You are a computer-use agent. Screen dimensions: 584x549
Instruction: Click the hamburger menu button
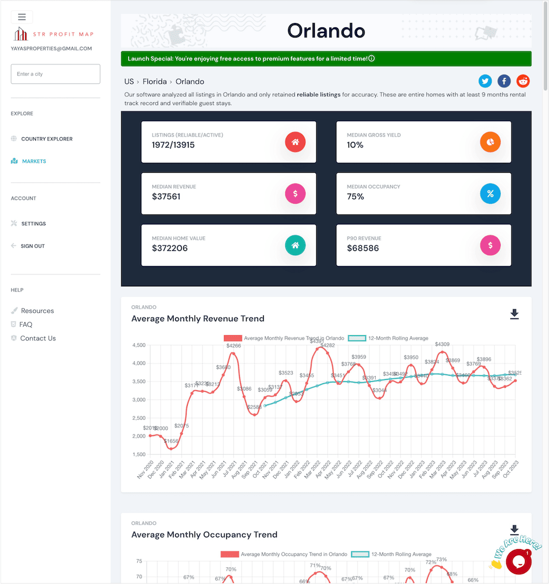(x=22, y=17)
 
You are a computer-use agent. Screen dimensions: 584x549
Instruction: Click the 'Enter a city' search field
(x=55, y=74)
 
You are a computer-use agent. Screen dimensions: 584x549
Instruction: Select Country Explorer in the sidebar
(x=47, y=139)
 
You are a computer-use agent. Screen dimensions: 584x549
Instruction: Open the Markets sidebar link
(x=34, y=161)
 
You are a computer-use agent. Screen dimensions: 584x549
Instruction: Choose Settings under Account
(x=33, y=224)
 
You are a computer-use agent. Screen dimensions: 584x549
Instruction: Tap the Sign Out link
(x=32, y=246)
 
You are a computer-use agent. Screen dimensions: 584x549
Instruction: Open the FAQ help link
(x=26, y=324)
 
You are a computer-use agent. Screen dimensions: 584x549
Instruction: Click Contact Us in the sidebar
(x=38, y=338)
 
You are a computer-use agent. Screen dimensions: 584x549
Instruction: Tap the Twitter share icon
(x=485, y=81)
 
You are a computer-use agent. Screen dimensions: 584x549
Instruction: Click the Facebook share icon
(x=504, y=81)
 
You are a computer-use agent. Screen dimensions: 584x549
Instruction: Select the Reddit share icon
(x=523, y=81)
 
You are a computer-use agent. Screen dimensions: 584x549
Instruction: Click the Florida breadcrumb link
(x=155, y=82)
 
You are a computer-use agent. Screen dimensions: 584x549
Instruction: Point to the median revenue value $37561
(x=166, y=197)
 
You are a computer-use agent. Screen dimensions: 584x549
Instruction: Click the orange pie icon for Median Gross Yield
(x=490, y=142)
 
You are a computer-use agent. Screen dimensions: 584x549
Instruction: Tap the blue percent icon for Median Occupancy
(x=490, y=194)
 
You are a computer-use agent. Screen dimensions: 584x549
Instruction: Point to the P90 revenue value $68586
(x=362, y=248)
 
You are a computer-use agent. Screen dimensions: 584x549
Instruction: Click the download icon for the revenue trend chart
(x=514, y=314)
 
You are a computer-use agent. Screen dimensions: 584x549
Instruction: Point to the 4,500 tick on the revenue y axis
(x=138, y=345)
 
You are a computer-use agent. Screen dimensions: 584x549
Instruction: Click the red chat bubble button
(x=518, y=561)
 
